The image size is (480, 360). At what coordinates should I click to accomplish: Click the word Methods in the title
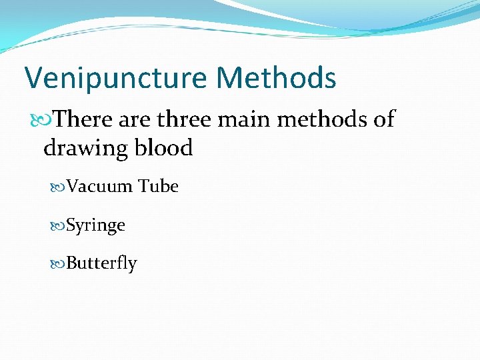pos(276,77)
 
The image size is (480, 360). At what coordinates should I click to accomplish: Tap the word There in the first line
pos(83,119)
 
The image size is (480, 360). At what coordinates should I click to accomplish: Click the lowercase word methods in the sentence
pos(323,119)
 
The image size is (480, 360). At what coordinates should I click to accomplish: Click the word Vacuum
pos(100,187)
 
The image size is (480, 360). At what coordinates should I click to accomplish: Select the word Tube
pos(159,187)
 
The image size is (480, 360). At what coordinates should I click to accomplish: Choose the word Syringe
pos(96,226)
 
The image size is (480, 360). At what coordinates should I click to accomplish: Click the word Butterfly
pos(102,264)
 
